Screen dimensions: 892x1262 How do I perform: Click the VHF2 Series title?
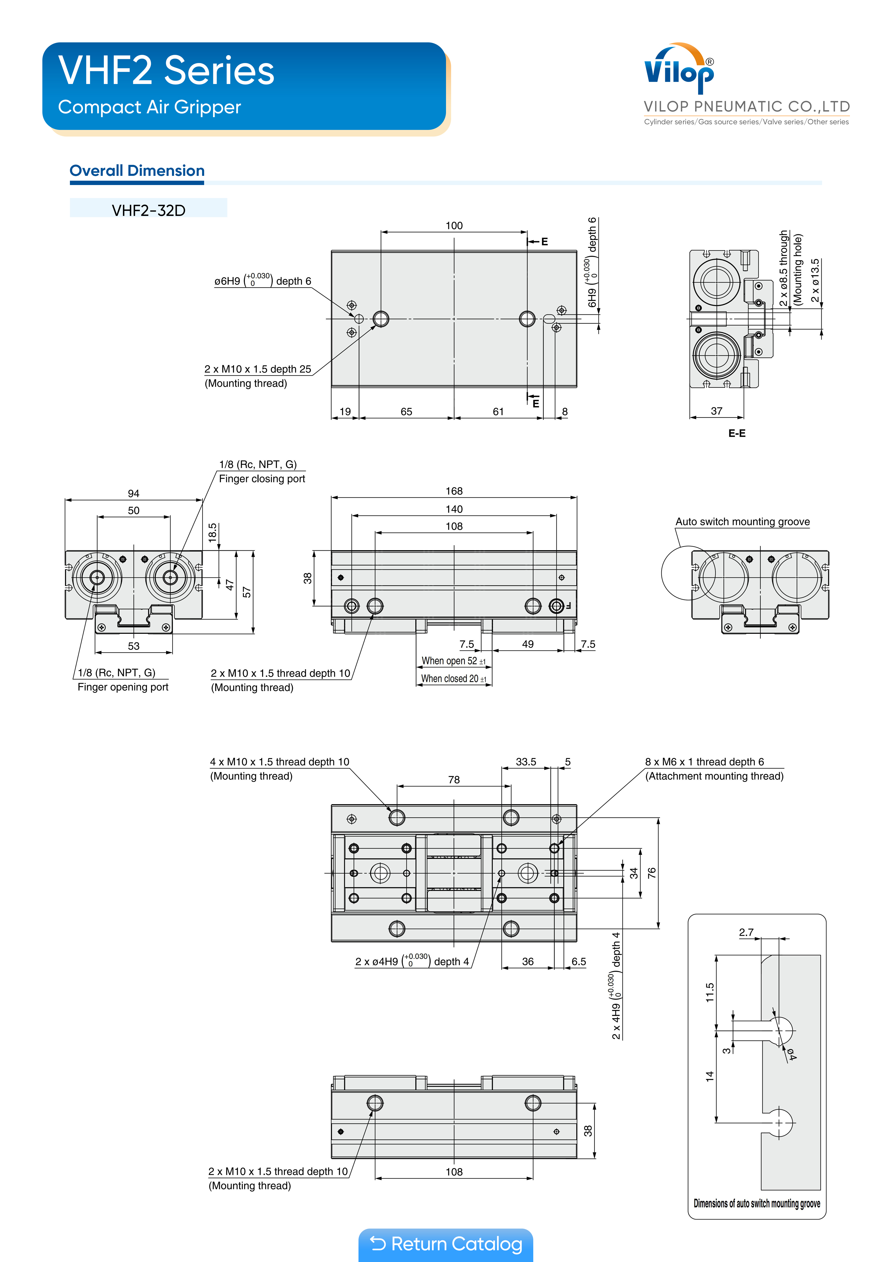[x=166, y=71]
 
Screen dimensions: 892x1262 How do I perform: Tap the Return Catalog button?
[x=446, y=1244]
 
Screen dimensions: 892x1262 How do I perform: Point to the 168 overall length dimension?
[x=454, y=491]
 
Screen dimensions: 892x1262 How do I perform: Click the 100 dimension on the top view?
[x=454, y=225]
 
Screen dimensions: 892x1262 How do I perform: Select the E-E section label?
[x=737, y=433]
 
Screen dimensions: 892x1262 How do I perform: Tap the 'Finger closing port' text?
[x=262, y=479]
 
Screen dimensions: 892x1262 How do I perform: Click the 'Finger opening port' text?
[x=123, y=687]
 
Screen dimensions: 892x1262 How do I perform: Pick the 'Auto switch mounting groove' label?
[x=742, y=522]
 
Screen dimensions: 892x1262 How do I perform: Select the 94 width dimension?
[x=133, y=494]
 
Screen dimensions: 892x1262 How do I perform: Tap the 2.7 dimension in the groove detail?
[x=746, y=932]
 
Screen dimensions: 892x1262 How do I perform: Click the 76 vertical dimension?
[x=652, y=873]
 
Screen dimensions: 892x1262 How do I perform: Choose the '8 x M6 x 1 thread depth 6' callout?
[x=704, y=762]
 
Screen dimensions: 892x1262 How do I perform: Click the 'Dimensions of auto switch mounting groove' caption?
[x=757, y=1204]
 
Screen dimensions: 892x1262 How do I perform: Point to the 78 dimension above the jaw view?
[x=454, y=779]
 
